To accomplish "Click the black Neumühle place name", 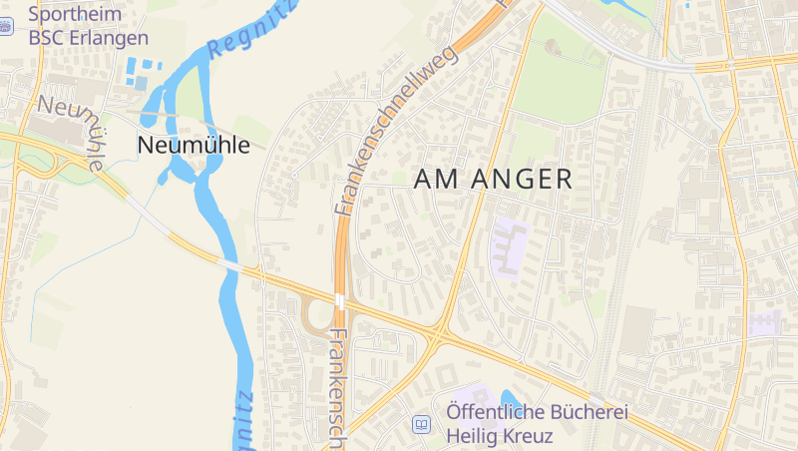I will tap(194, 145).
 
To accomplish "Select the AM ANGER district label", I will tap(493, 180).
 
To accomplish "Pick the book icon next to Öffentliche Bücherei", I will tap(422, 424).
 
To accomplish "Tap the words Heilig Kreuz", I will tap(499, 436).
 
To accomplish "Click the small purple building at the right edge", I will tap(765, 321).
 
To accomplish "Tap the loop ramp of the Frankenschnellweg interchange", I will tap(317, 316).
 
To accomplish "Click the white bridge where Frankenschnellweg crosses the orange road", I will tap(340, 300).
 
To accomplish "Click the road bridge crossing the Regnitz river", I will tap(231, 266).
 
